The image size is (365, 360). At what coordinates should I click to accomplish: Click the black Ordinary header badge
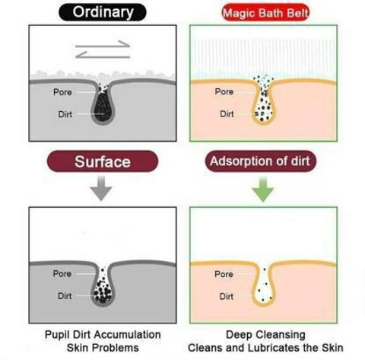(103, 12)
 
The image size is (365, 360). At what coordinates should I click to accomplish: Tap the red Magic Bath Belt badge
(265, 12)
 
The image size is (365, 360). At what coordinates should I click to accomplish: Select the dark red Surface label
(103, 161)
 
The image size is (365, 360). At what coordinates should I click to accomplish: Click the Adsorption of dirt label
(260, 161)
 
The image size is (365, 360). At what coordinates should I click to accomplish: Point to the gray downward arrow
(101, 188)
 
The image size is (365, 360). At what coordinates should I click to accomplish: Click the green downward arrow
(263, 189)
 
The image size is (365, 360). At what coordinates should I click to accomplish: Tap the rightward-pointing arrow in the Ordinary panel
(103, 44)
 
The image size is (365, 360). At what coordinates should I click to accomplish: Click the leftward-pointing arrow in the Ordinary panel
(103, 55)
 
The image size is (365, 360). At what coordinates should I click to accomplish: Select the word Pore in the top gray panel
(62, 92)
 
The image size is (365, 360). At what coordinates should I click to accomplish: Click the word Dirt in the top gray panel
(65, 114)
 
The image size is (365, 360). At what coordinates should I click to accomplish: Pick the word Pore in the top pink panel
(224, 91)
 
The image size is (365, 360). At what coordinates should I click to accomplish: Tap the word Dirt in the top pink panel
(227, 114)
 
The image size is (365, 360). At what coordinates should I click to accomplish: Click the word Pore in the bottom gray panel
(62, 273)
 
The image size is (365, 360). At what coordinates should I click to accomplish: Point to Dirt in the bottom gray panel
(65, 296)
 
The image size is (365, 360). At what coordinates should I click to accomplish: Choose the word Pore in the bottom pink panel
(224, 274)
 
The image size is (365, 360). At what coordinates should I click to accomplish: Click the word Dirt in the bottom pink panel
(227, 296)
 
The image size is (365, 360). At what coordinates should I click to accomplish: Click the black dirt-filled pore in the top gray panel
(103, 107)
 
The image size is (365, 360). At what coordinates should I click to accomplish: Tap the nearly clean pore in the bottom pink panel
(264, 287)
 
